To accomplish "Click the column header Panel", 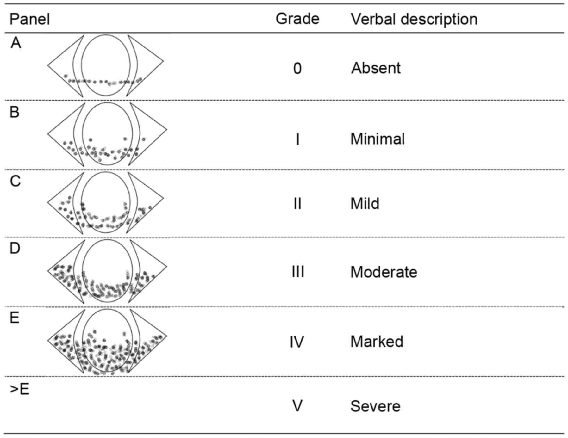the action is pyautogui.click(x=30, y=19).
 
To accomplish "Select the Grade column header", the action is pyautogui.click(x=297, y=19).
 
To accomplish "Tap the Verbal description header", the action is pyautogui.click(x=414, y=19).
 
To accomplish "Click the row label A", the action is pyautogui.click(x=16, y=43).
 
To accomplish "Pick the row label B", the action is pyautogui.click(x=15, y=112).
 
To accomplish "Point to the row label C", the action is pyautogui.click(x=15, y=181).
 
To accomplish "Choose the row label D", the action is pyautogui.click(x=15, y=249).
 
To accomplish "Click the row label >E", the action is pyautogui.click(x=20, y=389).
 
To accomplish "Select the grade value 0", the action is pyautogui.click(x=297, y=69).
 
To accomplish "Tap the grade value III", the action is pyautogui.click(x=297, y=272).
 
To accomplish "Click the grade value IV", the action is pyautogui.click(x=297, y=342).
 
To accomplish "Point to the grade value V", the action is pyautogui.click(x=297, y=406).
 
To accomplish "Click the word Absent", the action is pyautogui.click(x=376, y=68).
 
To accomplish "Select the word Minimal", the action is pyautogui.click(x=378, y=139).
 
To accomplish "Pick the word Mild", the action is pyautogui.click(x=365, y=204).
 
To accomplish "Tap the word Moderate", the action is pyautogui.click(x=384, y=272).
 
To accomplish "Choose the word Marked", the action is pyautogui.click(x=377, y=342).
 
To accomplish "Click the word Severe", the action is pyautogui.click(x=375, y=406).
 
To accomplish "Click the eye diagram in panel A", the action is pyautogui.click(x=106, y=65).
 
